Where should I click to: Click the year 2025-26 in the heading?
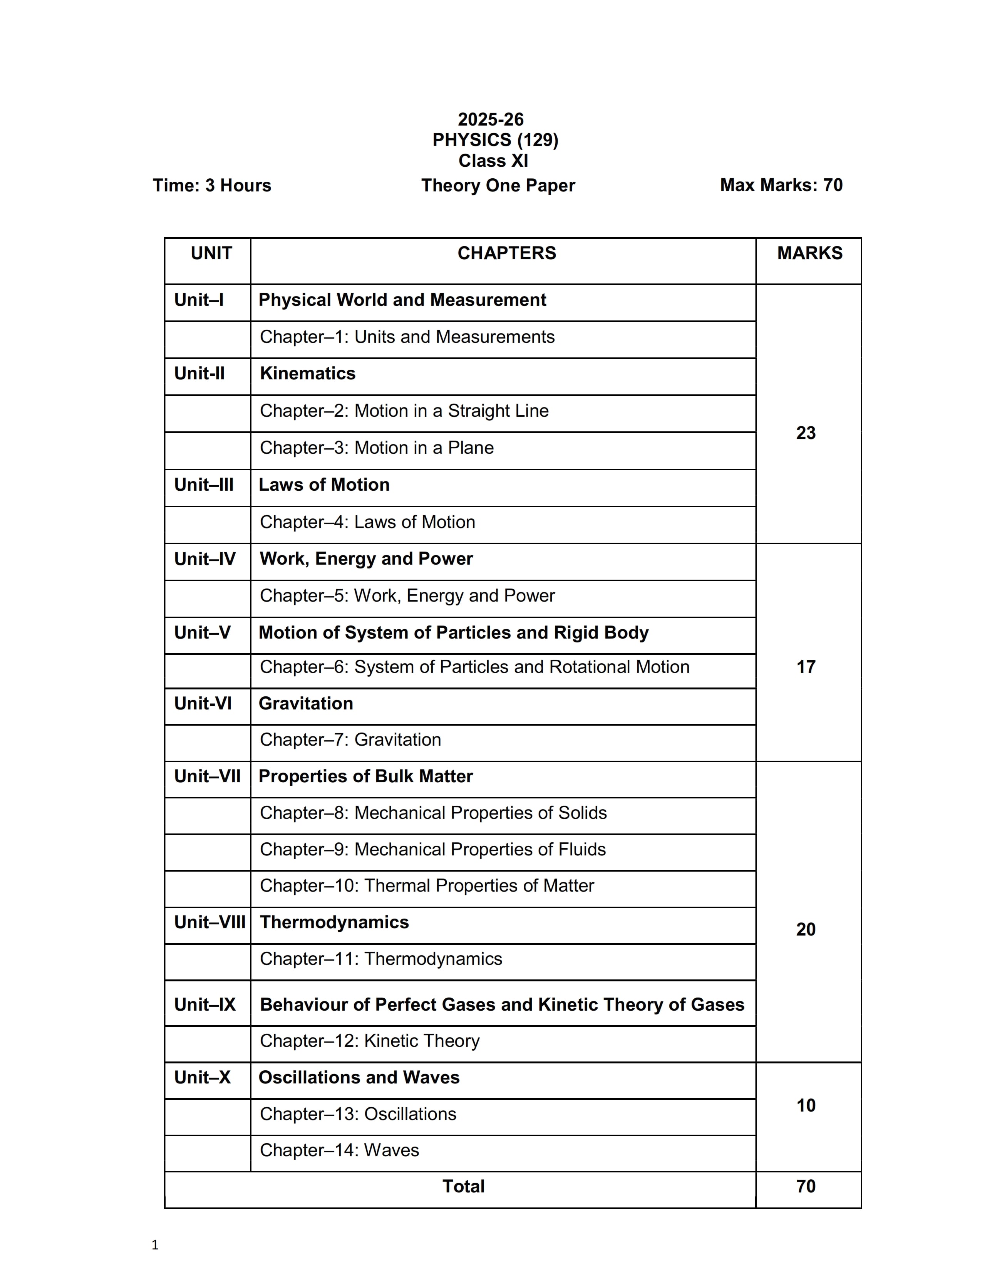(490, 119)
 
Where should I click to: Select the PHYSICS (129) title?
(495, 140)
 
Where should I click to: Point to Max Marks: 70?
(781, 184)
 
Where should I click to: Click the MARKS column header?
(809, 253)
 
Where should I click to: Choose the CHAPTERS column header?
(506, 253)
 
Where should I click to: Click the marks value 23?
(806, 433)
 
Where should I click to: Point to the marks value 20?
(806, 929)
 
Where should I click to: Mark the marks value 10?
(806, 1105)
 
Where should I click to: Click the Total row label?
(463, 1186)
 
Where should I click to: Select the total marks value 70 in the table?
(806, 1186)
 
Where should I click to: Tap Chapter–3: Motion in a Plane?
(376, 448)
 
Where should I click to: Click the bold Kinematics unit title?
(307, 373)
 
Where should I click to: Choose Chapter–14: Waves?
(339, 1150)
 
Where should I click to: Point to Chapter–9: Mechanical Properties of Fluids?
(432, 849)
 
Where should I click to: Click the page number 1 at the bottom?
(155, 1245)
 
